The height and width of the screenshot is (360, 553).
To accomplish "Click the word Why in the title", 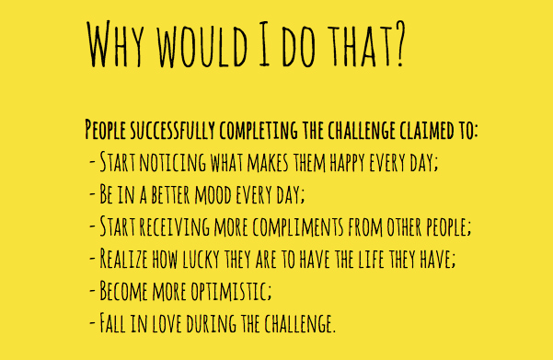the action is click(115, 44).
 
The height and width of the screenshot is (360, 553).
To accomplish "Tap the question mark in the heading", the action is click(398, 44).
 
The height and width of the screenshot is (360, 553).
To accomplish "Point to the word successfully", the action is click(172, 130).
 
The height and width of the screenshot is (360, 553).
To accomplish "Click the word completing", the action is click(259, 131).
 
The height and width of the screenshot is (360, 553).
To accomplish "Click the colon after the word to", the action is click(475, 132).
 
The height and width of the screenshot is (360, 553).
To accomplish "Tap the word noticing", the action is click(173, 162).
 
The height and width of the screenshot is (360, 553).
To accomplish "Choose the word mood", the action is click(213, 195).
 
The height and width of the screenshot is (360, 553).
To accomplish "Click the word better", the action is click(171, 195).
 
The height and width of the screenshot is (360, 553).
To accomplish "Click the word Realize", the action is click(124, 259).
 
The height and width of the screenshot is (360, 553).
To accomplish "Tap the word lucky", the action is click(201, 259).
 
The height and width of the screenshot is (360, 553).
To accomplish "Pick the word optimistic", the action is click(231, 291).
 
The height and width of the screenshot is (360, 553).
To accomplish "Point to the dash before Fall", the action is click(92, 322).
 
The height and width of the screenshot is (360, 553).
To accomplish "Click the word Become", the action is click(124, 291).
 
